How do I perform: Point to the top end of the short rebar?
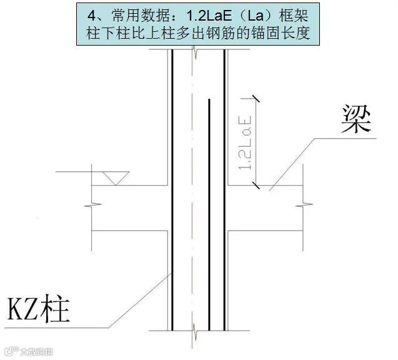pyautogui.click(x=209, y=99)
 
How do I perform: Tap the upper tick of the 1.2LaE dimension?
pyautogui.click(x=254, y=97)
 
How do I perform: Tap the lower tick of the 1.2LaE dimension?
pyautogui.click(x=254, y=185)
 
